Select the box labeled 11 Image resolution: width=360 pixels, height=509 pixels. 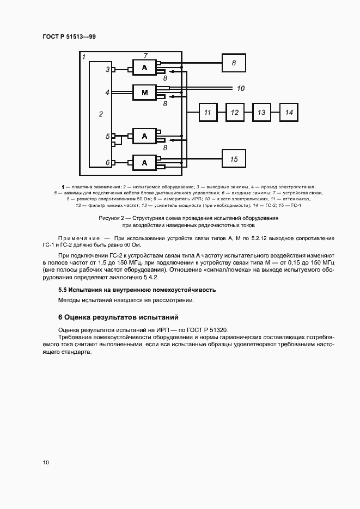click(x=208, y=112)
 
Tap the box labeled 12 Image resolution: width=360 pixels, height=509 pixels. click(x=235, y=112)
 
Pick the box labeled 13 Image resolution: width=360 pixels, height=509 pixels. click(x=262, y=112)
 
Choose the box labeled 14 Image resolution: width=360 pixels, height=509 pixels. click(x=289, y=112)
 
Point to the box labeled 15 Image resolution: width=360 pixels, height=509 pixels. click(x=234, y=159)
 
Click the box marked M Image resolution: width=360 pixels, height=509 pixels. click(x=144, y=93)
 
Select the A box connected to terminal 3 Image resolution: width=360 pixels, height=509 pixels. click(x=144, y=68)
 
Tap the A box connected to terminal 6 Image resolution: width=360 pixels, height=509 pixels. click(x=144, y=162)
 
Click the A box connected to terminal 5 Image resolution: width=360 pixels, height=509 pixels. click(x=144, y=137)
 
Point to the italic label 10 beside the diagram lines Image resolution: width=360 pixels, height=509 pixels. click(x=241, y=88)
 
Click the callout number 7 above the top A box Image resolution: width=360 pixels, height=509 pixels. click(x=145, y=56)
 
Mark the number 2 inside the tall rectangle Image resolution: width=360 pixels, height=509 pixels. click(x=101, y=114)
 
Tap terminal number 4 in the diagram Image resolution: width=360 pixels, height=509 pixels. click(x=107, y=93)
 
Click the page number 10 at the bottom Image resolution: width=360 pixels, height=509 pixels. click(x=46, y=462)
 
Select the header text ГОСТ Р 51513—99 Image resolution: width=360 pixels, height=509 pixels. click(x=69, y=36)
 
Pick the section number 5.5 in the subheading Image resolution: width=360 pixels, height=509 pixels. click(x=62, y=290)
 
